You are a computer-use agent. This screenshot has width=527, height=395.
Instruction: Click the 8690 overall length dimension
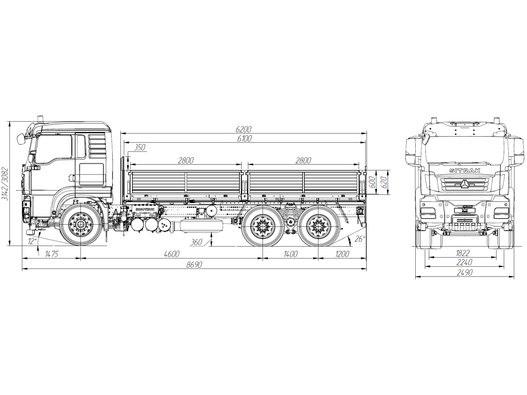tap(194, 265)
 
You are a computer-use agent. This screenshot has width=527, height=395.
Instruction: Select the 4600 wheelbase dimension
tap(172, 254)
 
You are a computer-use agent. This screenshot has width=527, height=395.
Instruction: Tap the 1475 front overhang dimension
tap(51, 254)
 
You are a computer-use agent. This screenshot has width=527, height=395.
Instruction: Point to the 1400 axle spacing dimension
tap(290, 254)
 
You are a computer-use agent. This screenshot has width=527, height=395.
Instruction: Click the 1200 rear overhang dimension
tap(342, 254)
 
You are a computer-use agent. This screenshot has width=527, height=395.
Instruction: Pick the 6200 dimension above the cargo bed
tap(244, 129)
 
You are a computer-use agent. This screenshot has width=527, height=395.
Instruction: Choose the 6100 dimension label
tap(244, 139)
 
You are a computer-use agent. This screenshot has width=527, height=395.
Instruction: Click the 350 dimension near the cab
tap(140, 147)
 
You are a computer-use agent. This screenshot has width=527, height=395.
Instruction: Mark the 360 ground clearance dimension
tap(196, 242)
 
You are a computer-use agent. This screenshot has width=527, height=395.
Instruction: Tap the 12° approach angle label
tap(32, 241)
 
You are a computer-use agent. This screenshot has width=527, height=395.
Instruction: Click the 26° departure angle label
tap(359, 239)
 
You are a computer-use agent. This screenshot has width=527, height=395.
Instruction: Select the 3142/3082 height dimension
tap(5, 184)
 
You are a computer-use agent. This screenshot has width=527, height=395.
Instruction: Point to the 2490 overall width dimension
tap(464, 273)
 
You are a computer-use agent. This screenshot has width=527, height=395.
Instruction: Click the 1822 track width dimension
tap(462, 253)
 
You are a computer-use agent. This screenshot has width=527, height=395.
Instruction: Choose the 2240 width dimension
tap(464, 262)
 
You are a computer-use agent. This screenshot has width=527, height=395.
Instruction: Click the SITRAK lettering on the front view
tap(465, 171)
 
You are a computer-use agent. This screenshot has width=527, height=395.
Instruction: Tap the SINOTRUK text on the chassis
tap(145, 209)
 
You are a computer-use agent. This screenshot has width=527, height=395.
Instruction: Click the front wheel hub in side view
tap(81, 225)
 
